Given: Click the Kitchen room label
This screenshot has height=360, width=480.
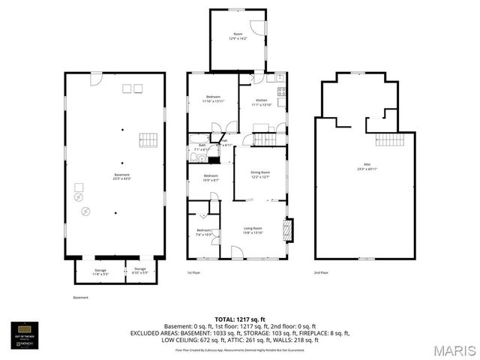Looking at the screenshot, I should click(261, 102).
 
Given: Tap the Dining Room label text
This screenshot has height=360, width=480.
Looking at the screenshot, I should click(260, 175).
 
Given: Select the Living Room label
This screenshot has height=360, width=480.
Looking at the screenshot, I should click(253, 230).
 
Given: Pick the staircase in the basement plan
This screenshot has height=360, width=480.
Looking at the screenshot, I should click(148, 139).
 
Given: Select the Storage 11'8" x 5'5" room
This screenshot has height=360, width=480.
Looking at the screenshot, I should click(100, 271).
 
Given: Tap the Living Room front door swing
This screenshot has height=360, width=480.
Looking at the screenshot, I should click(236, 254).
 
